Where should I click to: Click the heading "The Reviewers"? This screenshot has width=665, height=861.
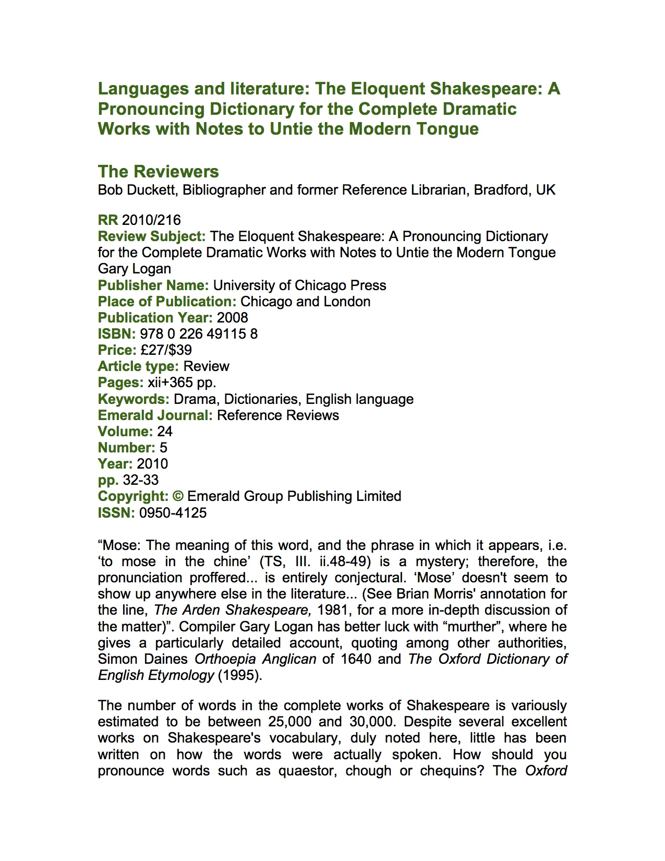(x=158, y=172)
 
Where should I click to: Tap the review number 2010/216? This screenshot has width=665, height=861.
(x=151, y=220)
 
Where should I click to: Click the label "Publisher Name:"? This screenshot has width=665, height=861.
(x=153, y=285)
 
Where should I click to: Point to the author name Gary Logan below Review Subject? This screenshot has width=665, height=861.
(x=135, y=269)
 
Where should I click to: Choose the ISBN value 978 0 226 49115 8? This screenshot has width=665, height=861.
(x=199, y=334)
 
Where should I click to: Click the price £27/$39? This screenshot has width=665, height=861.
(x=166, y=350)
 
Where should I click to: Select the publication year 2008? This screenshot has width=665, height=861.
(x=232, y=318)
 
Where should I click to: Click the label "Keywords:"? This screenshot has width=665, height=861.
(x=134, y=399)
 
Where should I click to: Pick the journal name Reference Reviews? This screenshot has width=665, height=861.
(x=278, y=415)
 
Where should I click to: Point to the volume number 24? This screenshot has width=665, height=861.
(x=165, y=432)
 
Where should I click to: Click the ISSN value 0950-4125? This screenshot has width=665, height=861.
(x=173, y=513)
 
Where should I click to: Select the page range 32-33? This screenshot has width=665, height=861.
(x=141, y=480)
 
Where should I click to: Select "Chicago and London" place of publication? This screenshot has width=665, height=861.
(x=306, y=302)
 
